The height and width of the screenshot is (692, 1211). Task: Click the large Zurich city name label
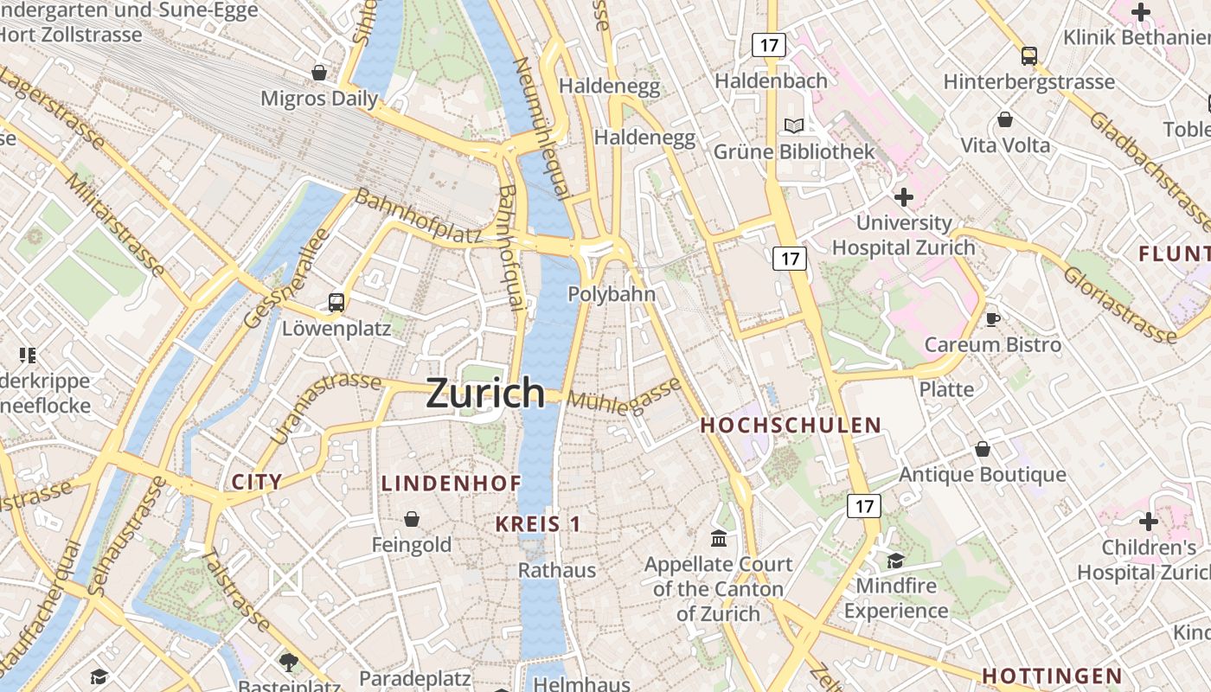[485, 394]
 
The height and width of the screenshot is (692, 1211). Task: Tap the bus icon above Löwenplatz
[336, 303]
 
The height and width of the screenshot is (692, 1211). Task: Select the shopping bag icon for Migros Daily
[319, 73]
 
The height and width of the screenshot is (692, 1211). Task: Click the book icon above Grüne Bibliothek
[794, 125]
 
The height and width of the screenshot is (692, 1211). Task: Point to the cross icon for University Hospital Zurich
[904, 197]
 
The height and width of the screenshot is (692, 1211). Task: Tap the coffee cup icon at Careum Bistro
[992, 318]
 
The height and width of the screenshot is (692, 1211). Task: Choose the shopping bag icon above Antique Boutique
[983, 449]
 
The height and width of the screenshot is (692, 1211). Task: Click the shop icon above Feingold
[412, 519]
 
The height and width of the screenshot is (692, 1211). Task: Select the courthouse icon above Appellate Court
[719, 539]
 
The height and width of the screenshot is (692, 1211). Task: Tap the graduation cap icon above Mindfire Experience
[895, 561]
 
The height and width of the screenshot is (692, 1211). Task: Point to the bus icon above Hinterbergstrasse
[1028, 56]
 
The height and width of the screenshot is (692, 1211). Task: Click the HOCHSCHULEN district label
[791, 426]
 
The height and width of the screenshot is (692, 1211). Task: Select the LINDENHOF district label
[452, 484]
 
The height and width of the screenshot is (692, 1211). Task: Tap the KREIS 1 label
[538, 524]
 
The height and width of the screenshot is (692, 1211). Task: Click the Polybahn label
[612, 294]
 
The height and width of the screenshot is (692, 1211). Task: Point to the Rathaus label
[557, 570]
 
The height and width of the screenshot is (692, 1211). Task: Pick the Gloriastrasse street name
[1119, 304]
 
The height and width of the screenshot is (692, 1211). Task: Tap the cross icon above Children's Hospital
[1149, 522]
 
